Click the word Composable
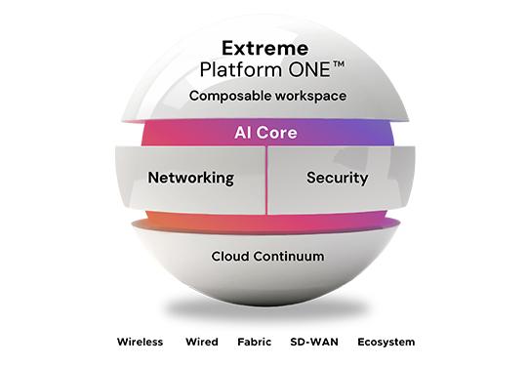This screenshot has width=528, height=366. coord(227,97)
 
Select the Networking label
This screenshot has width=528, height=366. coord(190,178)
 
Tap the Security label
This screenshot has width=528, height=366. coord(337,178)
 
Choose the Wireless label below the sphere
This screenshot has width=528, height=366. coord(140,343)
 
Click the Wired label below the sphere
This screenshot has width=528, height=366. coord(201,343)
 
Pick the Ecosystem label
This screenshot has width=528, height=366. coord(385,343)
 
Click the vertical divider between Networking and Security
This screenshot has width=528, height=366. coord(266,179)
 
